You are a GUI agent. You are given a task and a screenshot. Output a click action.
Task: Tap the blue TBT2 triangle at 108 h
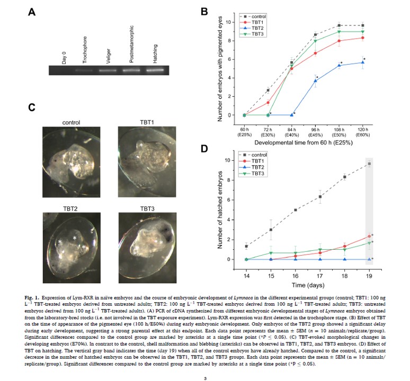339,66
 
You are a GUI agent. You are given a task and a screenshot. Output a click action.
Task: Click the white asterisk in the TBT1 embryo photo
142,144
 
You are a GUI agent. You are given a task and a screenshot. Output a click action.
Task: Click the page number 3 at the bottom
204,365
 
